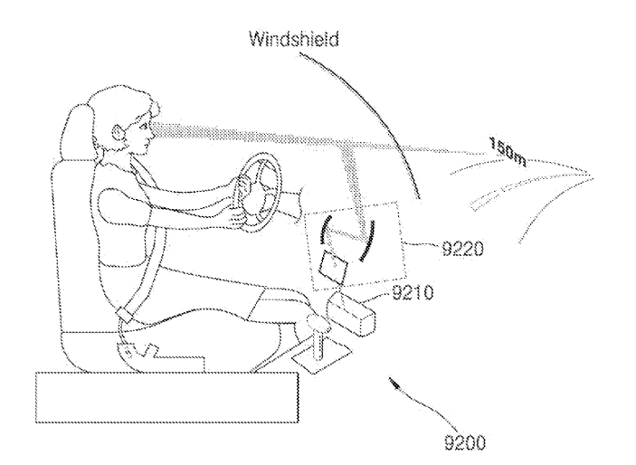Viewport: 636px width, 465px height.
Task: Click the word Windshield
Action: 293,40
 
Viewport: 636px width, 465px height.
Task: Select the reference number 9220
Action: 462,248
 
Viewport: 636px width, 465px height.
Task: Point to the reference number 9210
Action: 413,292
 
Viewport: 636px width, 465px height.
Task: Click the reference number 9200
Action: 465,441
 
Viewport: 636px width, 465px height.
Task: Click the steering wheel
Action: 258,192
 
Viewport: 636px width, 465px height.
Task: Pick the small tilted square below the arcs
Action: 334,265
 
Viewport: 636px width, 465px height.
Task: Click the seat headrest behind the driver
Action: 78,130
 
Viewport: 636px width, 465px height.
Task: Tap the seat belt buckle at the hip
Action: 125,315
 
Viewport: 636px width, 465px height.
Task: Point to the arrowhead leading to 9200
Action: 394,383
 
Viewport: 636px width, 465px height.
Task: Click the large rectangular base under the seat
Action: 167,397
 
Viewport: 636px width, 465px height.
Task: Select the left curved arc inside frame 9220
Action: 323,230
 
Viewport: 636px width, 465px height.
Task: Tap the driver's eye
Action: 143,126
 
